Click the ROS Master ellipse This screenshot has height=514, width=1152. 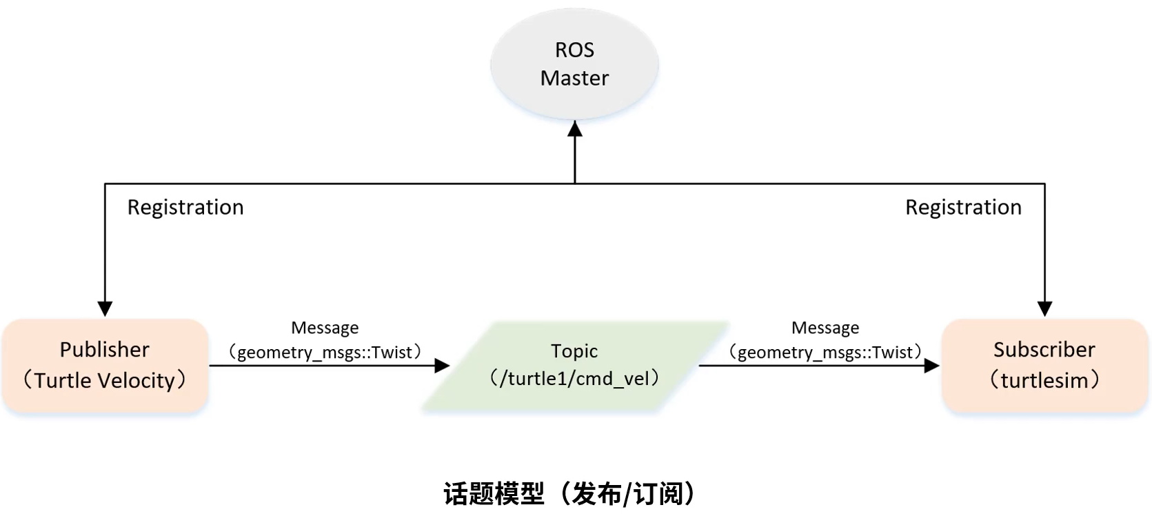pos(574,63)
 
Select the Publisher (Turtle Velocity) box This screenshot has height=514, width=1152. pos(105,365)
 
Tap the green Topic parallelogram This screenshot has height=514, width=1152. pos(574,365)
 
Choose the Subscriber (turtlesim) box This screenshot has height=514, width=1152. pos(1044,365)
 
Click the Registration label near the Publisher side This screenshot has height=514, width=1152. pos(185,207)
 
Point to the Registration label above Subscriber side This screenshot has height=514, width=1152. pos(963,207)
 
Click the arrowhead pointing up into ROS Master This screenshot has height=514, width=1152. pos(575,128)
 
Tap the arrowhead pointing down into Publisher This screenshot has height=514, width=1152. pos(105,308)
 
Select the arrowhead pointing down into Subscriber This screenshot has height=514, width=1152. pos(1044,308)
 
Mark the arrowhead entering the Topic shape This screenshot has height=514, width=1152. pos(442,366)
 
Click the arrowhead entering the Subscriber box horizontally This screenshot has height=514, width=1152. pos(932,366)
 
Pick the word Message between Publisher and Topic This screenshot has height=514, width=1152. pos(325,328)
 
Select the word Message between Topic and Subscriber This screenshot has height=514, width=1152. pos(825,328)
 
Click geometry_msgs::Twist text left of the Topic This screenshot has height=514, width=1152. pos(325,353)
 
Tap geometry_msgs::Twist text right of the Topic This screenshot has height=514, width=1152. pos(825,353)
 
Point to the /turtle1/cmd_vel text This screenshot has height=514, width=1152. pos(574,378)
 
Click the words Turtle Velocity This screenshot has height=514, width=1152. pos(105,381)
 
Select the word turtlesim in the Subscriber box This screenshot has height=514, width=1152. pos(1044,381)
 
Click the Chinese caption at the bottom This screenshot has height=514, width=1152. pos(572,494)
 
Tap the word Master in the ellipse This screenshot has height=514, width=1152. pos(574,78)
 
